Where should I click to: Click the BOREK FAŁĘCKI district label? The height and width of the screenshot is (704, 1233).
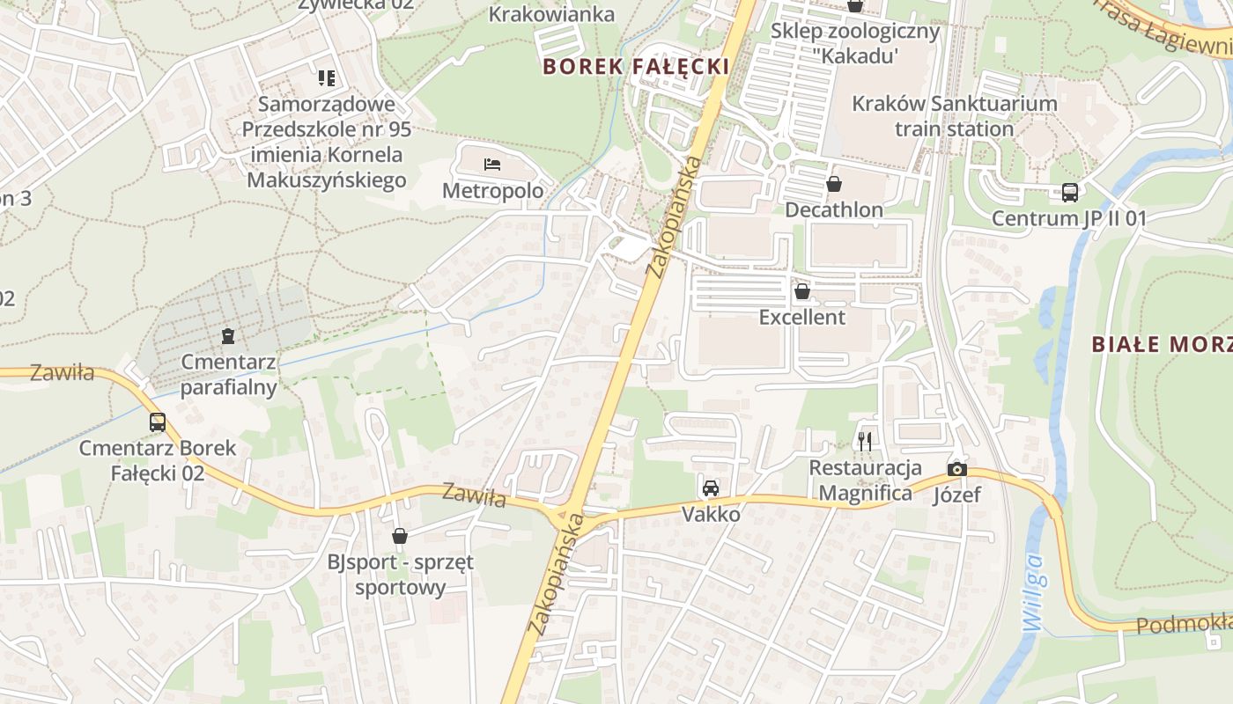[x=635, y=66]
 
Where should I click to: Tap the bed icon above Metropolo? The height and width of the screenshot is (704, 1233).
[x=492, y=164]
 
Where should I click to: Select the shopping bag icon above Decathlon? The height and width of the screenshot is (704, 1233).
[x=833, y=184]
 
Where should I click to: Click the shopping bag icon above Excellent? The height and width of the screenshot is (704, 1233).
[x=801, y=290]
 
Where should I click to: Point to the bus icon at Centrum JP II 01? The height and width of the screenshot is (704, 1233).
[x=1069, y=192]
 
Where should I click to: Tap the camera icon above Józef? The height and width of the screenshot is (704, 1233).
[x=957, y=469]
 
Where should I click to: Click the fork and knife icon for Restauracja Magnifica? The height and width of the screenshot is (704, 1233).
[x=865, y=441]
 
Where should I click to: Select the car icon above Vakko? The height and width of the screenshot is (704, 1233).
[x=711, y=488]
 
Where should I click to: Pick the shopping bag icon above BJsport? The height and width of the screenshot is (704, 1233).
[x=400, y=535]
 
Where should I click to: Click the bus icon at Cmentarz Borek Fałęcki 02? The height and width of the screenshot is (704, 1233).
[x=158, y=422]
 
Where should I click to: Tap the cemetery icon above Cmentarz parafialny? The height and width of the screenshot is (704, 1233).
[x=228, y=335]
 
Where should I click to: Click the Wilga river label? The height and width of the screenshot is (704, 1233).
[x=1035, y=591]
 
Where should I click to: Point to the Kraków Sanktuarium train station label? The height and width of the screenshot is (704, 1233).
[x=955, y=116]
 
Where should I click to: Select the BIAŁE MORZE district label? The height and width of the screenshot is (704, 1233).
[x=1162, y=344]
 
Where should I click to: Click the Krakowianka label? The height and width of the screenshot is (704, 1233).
[x=551, y=14]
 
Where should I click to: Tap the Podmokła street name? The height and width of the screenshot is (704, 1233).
[x=1184, y=625]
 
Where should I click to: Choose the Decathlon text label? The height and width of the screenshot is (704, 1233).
[x=833, y=210]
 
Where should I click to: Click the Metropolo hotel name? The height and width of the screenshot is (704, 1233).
[x=492, y=191]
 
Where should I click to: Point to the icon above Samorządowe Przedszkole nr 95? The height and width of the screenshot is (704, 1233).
[x=327, y=78]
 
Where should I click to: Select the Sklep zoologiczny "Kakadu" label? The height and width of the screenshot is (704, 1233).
[x=854, y=43]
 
